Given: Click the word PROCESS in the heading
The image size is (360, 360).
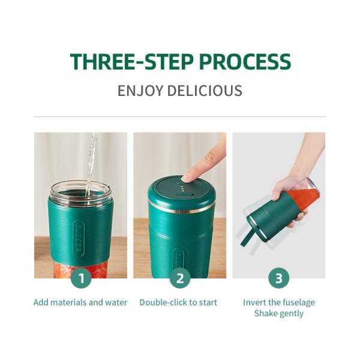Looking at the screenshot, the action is [245, 62].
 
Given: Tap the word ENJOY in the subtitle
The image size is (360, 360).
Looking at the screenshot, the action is [140, 91].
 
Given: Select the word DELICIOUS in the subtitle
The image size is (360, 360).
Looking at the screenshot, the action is [205, 91].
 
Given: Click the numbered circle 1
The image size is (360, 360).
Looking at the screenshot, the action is [81, 278].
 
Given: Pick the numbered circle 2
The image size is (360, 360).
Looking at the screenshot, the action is [180, 278].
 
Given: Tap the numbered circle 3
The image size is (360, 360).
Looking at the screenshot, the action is [279, 278].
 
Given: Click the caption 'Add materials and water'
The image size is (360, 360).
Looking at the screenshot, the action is [80, 302].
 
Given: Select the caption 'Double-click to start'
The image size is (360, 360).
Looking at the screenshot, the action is [178, 302].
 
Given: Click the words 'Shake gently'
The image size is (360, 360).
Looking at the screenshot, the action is [279, 313].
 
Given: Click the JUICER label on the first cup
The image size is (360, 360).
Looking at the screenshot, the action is [79, 239].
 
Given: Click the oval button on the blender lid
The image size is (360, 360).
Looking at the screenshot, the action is [184, 195].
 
